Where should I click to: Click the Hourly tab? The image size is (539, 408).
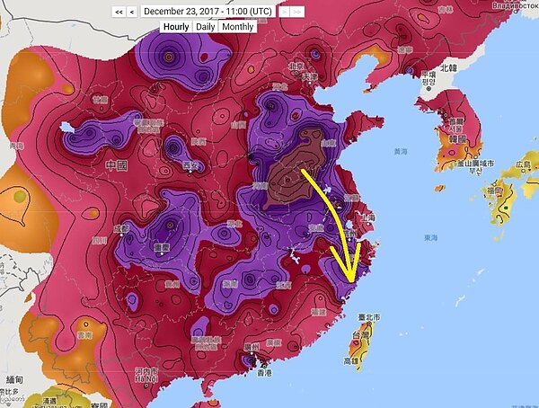click(x=176, y=27)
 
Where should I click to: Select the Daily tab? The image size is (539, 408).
click(x=206, y=27)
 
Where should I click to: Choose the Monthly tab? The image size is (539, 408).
click(x=237, y=27)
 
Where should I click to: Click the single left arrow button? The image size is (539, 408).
click(x=132, y=11)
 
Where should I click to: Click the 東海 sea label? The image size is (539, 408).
click(x=431, y=237)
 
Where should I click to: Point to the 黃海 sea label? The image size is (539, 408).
click(x=402, y=152)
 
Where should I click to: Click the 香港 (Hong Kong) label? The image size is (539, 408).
click(x=264, y=372)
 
